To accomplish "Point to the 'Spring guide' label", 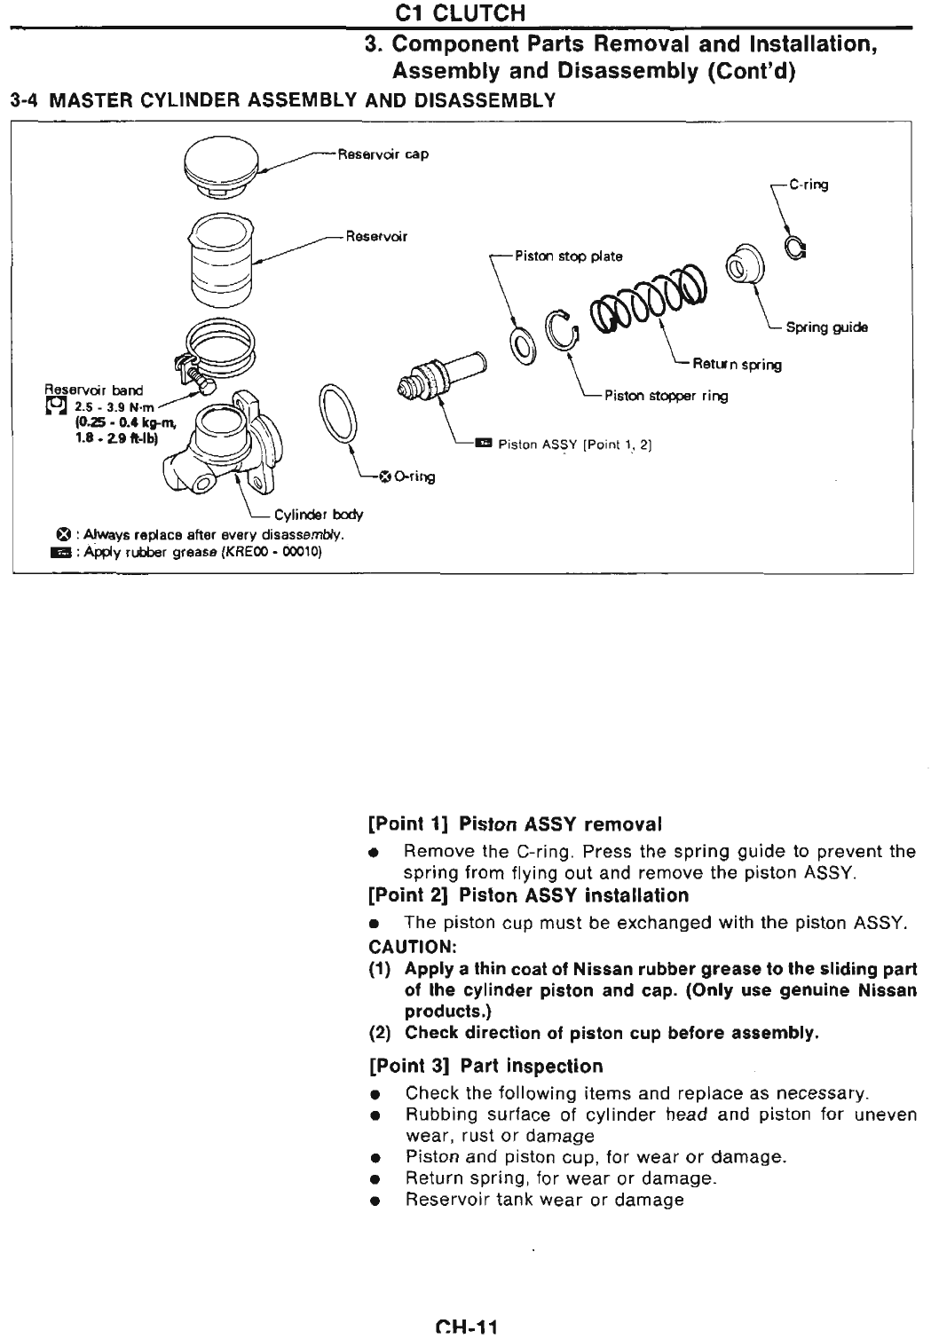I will pyautogui.click(x=826, y=327).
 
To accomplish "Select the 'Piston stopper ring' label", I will pyautogui.click(x=666, y=397).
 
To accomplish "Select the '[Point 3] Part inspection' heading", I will pyautogui.click(x=485, y=1066).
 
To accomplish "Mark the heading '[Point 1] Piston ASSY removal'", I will pyautogui.click(x=515, y=824).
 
